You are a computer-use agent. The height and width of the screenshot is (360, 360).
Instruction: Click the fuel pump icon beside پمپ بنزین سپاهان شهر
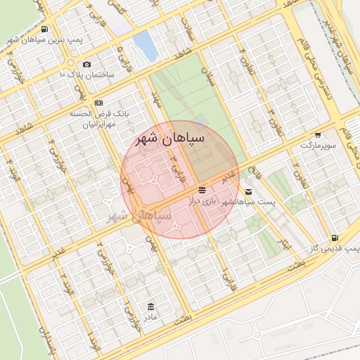[x=44, y=30]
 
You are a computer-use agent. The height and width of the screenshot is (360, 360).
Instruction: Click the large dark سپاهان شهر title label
[x=171, y=139]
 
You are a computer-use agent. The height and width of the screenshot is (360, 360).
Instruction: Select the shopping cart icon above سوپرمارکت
[x=318, y=134]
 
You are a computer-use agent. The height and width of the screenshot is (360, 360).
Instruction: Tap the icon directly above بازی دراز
[x=202, y=191]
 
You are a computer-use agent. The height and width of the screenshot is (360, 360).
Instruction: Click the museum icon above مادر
[x=150, y=307]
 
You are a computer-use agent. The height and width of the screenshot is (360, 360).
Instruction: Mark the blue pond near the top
[x=146, y=44]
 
